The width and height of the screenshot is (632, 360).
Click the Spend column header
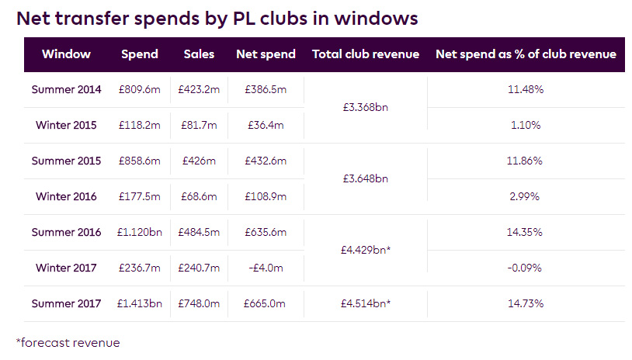[140, 54]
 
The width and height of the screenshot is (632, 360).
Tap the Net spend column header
[266, 54]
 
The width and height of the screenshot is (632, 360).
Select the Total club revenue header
[365, 54]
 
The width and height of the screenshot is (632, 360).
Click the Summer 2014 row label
[66, 90]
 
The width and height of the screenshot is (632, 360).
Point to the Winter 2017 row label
[66, 268]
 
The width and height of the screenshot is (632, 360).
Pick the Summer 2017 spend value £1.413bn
[140, 304]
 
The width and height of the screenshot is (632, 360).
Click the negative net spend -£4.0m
[266, 268]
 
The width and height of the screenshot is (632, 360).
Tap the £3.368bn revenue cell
[365, 107]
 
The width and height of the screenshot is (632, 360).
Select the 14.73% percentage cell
[526, 304]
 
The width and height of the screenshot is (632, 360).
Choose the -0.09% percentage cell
[526, 268]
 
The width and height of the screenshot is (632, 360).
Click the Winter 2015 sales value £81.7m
[199, 126]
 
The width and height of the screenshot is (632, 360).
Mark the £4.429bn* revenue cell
[366, 251]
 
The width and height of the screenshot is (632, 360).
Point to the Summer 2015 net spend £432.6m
[266, 161]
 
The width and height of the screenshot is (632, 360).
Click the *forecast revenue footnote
[68, 342]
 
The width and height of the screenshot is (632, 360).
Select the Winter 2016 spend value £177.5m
[140, 197]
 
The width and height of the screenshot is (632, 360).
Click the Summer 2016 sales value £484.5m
[199, 233]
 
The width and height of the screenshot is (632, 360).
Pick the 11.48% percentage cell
[526, 90]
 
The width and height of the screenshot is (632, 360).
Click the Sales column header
[199, 54]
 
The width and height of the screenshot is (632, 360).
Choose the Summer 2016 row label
[66, 233]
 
